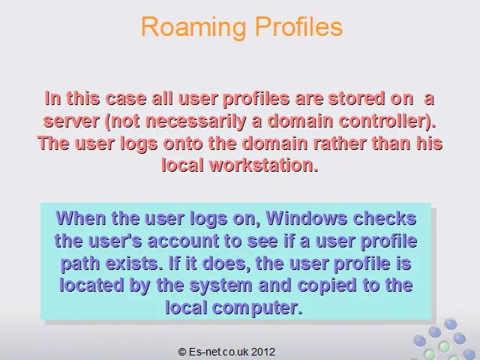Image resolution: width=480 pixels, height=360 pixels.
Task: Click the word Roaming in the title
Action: [x=193, y=28]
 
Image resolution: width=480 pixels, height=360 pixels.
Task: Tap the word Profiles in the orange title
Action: [x=298, y=26]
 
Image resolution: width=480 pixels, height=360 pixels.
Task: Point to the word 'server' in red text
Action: [x=71, y=121]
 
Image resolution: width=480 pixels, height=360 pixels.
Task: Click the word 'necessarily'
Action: [x=193, y=121]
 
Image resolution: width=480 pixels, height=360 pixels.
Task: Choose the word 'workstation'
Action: [x=262, y=165]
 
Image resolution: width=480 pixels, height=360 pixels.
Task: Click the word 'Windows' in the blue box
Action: [x=307, y=218]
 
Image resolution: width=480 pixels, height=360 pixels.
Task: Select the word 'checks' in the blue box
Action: [x=385, y=218]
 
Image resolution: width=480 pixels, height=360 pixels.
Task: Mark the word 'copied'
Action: [x=327, y=286]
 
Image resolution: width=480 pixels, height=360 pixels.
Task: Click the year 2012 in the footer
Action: [x=263, y=352]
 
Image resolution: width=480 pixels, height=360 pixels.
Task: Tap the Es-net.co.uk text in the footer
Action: [x=218, y=352]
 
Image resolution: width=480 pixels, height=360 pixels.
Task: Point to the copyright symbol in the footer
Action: [x=182, y=352]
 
